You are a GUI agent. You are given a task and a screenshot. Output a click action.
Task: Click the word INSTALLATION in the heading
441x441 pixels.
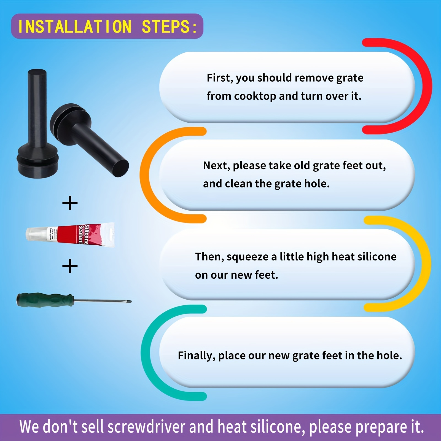(x=74, y=27)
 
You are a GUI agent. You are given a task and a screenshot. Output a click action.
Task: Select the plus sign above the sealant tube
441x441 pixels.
(x=70, y=203)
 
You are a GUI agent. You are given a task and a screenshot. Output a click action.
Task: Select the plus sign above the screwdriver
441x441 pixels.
(x=70, y=266)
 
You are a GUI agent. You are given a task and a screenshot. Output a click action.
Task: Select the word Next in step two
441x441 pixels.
(x=215, y=166)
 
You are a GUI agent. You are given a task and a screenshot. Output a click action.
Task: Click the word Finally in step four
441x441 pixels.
(x=196, y=356)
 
